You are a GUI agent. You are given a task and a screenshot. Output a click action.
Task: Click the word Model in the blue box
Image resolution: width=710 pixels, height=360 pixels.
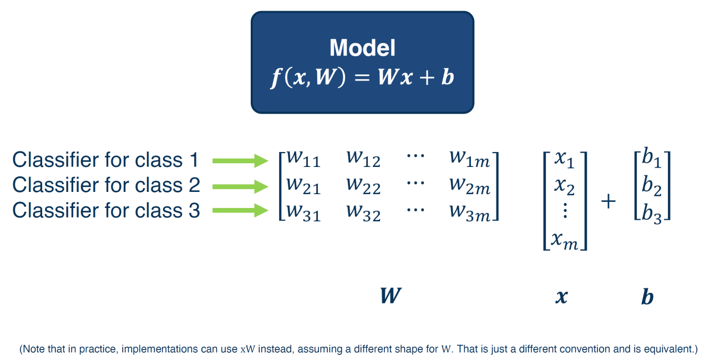point(362,48)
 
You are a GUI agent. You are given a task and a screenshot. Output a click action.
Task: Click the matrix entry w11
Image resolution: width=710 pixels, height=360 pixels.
point(302,159)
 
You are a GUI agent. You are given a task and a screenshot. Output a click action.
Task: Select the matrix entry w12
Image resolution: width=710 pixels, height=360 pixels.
point(363,159)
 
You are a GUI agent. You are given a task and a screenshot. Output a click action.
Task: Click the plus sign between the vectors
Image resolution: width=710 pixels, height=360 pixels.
point(608,201)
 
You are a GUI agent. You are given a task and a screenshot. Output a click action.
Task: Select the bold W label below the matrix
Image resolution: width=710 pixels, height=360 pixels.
point(390,296)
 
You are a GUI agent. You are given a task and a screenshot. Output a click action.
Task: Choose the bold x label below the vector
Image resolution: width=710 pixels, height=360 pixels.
point(561,297)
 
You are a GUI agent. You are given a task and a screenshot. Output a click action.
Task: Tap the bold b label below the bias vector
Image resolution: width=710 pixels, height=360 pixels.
point(647,297)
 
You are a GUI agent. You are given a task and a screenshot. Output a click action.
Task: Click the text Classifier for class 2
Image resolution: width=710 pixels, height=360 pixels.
point(106,185)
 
